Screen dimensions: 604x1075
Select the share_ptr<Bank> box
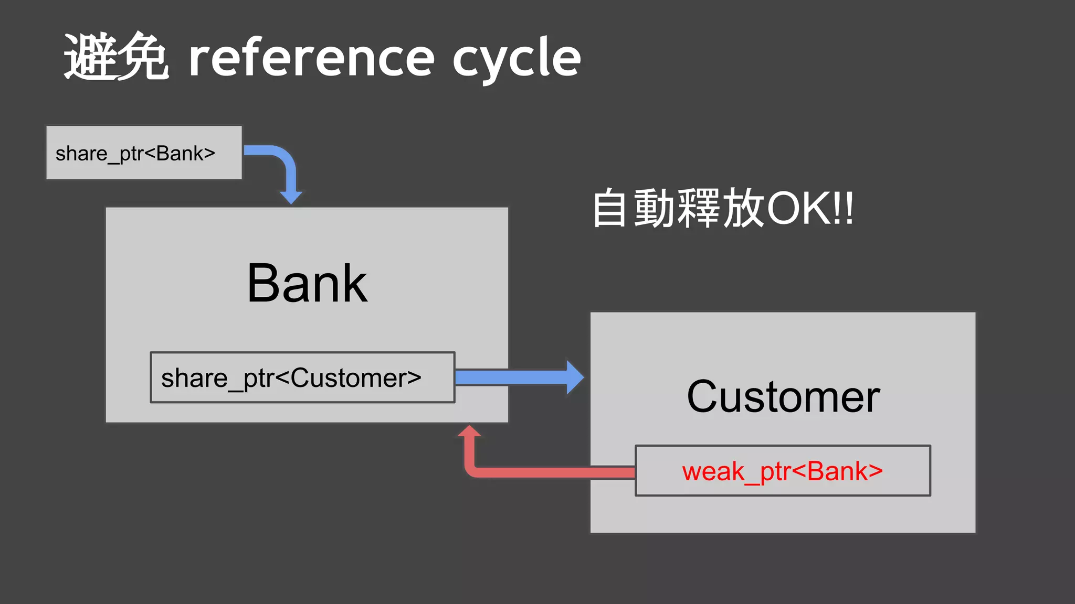tap(144, 153)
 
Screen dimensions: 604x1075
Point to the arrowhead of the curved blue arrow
tap(291, 198)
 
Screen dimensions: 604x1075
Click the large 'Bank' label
tap(307, 284)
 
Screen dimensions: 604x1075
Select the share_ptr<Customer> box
tap(302, 377)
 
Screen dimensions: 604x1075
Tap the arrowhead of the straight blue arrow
tap(575, 377)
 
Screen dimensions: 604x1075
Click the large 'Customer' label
tap(783, 397)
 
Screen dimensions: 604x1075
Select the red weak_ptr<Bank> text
tap(782, 471)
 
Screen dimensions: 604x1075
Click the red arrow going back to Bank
tap(551, 472)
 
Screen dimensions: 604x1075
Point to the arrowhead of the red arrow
tap(469, 430)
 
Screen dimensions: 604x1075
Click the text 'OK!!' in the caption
tap(810, 209)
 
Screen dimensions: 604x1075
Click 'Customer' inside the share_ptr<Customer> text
tap(356, 377)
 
